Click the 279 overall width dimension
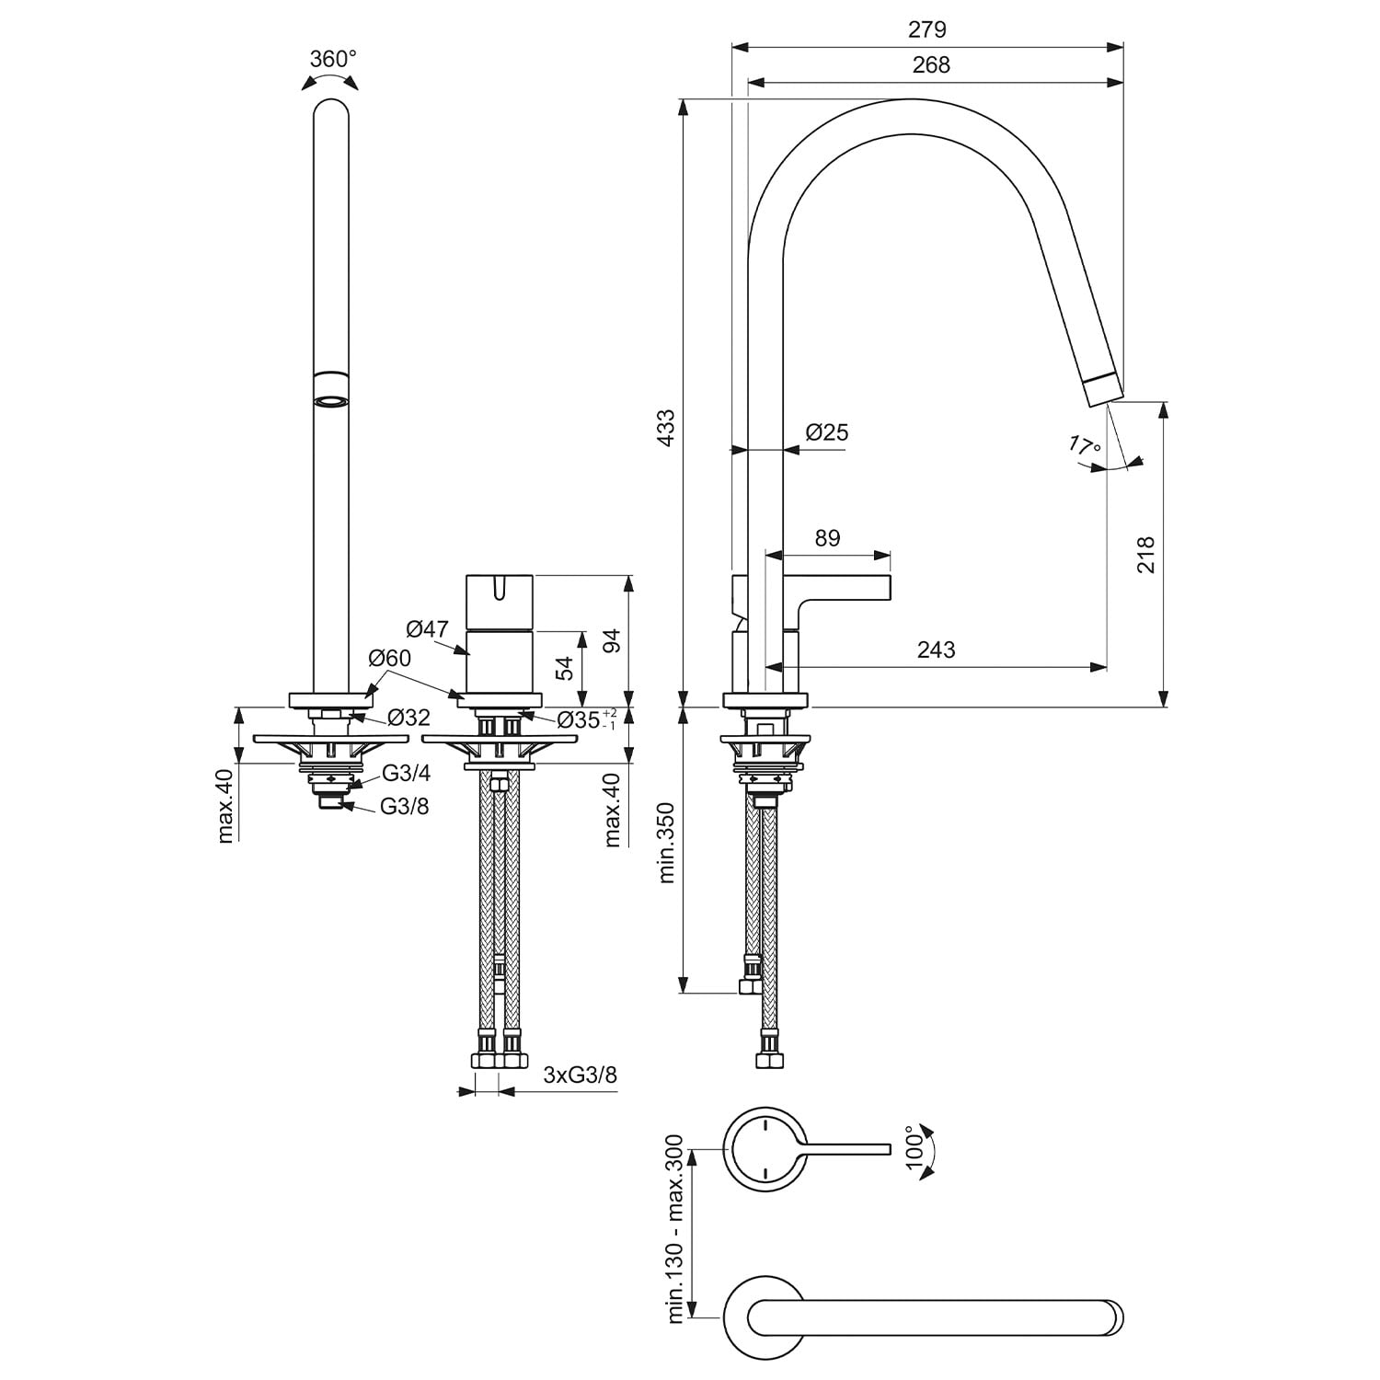pyautogui.click(x=927, y=29)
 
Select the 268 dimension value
pyautogui.click(x=931, y=64)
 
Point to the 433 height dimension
pyautogui.click(x=665, y=428)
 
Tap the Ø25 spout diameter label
pyautogui.click(x=826, y=432)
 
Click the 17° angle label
pyautogui.click(x=1085, y=446)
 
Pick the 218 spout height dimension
pyautogui.click(x=1145, y=555)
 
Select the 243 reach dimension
pyautogui.click(x=936, y=650)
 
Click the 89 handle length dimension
pyautogui.click(x=827, y=538)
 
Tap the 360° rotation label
pyautogui.click(x=332, y=59)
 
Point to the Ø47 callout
pyautogui.click(x=427, y=629)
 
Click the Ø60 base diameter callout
pyautogui.click(x=389, y=659)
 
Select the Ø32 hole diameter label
pyautogui.click(x=408, y=717)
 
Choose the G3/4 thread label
pyautogui.click(x=406, y=774)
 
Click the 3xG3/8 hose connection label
pyautogui.click(x=580, y=1075)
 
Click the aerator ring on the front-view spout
pyautogui.click(x=331, y=401)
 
